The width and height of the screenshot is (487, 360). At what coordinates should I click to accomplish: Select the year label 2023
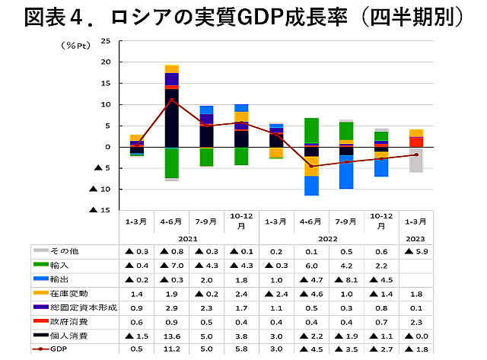point(415,237)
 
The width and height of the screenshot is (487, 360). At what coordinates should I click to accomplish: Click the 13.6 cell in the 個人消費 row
point(171,336)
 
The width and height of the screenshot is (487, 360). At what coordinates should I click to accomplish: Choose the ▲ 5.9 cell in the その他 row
point(415,250)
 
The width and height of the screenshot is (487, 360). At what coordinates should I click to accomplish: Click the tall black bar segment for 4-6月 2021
point(171,118)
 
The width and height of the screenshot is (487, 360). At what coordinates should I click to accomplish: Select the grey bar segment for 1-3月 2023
point(415,160)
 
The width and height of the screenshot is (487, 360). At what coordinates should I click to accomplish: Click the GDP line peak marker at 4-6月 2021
point(171,100)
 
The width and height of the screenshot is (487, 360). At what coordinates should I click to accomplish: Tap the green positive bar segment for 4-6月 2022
point(311,129)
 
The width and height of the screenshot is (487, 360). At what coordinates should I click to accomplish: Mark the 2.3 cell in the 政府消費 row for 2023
point(415,321)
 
